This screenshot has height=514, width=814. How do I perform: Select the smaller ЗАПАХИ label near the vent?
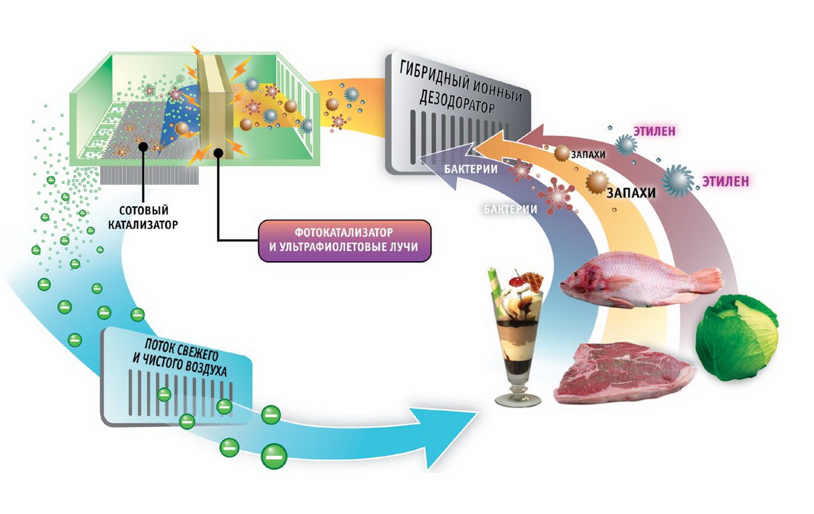point(588,154)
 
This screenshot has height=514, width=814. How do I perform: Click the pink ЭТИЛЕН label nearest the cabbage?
point(725,181)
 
